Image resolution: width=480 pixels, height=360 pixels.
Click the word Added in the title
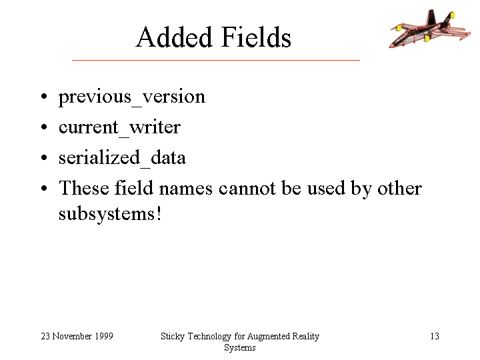[x=174, y=37]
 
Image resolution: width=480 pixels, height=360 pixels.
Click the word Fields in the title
[x=256, y=37]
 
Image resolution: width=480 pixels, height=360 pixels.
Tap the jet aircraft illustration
[x=430, y=28]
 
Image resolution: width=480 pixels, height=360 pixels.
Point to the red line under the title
[x=216, y=60]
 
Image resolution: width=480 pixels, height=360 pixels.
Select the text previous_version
[x=132, y=97]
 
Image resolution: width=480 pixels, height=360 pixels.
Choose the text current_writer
[x=119, y=127]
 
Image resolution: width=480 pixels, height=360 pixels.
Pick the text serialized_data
[x=122, y=158]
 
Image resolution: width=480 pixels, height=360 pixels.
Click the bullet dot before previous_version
[x=44, y=96]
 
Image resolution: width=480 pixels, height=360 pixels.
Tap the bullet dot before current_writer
[x=44, y=127]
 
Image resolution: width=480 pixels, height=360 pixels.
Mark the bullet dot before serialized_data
[x=44, y=157]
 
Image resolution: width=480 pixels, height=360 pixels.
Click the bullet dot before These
[x=44, y=188]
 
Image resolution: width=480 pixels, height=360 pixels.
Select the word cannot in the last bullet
[x=247, y=188]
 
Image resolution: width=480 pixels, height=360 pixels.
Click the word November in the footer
[x=72, y=336]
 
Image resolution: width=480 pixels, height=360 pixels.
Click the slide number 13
[x=435, y=336]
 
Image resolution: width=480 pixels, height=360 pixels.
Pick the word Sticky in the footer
[x=173, y=337]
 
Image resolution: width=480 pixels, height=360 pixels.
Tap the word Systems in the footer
[x=240, y=348]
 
